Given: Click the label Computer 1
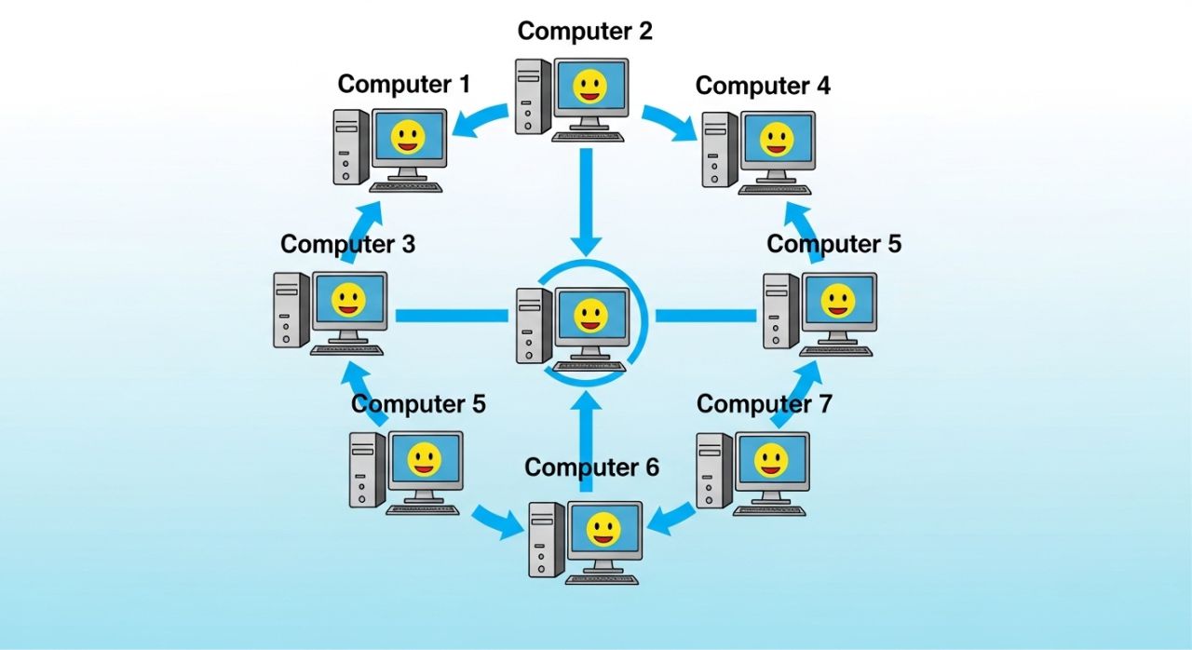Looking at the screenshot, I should pos(403,84).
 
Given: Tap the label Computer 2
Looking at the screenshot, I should pos(585,31).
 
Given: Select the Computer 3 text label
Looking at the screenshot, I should pos(347,244).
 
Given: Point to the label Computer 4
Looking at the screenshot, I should pos(763,86).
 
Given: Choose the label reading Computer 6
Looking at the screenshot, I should pos(591,467).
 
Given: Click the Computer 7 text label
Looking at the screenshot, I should pos(764,404).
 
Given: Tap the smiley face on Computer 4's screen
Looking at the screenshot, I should pos(776,141).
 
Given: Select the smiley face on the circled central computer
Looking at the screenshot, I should pos(590,316).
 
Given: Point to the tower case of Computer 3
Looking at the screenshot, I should pos(291,310).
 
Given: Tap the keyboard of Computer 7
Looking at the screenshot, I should pos(770,510).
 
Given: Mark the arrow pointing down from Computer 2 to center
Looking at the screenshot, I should pos(586,200).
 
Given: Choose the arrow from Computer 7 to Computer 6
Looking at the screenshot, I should pos(670,520).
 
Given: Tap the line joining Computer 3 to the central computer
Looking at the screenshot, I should pos(451,316).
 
